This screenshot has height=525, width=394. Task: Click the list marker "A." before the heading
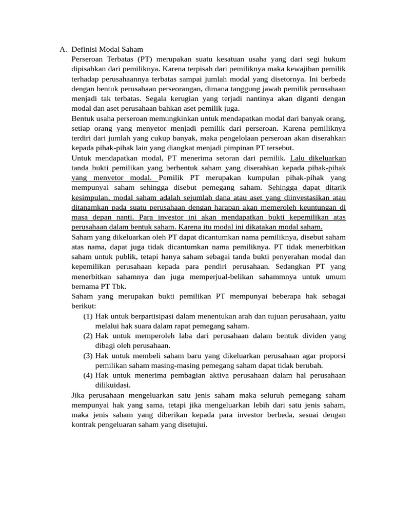click(63, 50)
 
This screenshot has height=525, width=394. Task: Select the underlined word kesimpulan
click(91, 198)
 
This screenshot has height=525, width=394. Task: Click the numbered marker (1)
click(88, 316)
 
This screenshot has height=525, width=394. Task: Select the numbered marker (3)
click(88, 356)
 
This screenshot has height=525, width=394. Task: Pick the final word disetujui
click(191, 425)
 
